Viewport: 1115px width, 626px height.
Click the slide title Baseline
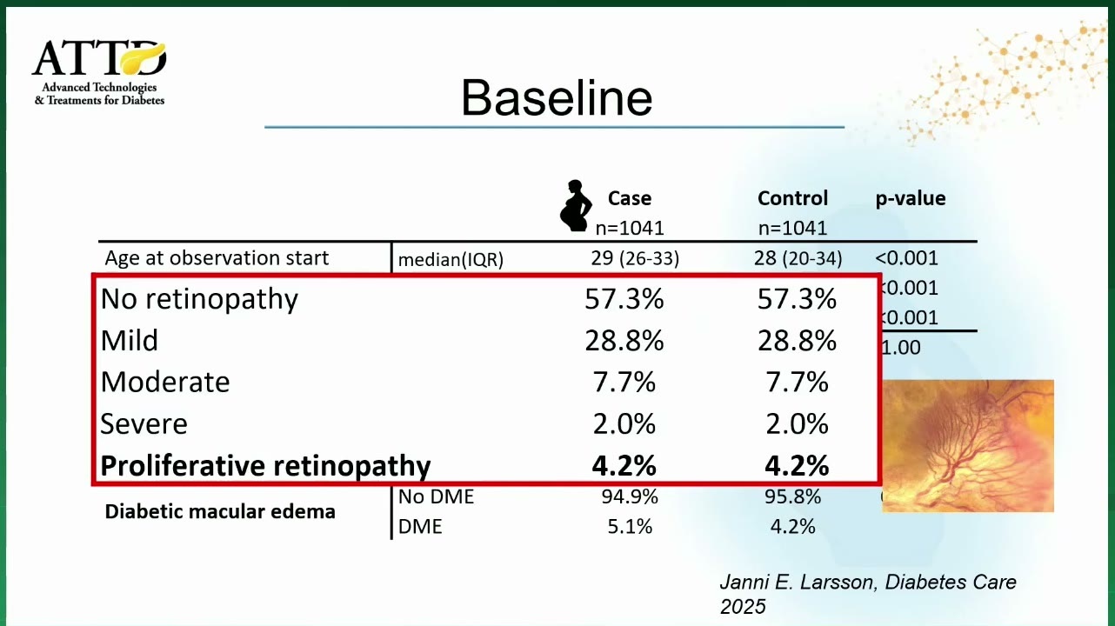coord(557,97)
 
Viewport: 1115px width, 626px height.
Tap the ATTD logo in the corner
coord(99,72)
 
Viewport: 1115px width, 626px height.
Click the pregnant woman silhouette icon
coord(576,205)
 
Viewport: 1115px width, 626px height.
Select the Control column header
coord(792,198)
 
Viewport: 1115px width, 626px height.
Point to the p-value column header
coord(911,198)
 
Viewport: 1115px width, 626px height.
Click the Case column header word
coord(629,198)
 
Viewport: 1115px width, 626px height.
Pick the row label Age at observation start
coord(217,257)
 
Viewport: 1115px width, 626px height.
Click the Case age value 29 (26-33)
coord(635,258)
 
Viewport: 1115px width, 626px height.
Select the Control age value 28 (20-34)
coord(798,258)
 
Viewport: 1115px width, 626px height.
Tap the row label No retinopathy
coord(199,299)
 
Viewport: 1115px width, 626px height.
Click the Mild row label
coord(129,340)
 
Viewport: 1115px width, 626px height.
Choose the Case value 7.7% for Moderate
coord(624,383)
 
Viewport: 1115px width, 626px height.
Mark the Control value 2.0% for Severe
coord(797,424)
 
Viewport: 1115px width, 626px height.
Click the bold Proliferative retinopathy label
coord(265,466)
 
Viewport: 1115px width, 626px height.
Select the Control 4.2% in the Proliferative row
coord(797,466)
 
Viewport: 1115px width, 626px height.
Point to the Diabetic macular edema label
coord(220,511)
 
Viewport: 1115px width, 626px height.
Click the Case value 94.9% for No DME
coord(630,496)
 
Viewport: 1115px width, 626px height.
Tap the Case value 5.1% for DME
coord(630,527)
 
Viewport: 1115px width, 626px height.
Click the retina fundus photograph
coord(968,446)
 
